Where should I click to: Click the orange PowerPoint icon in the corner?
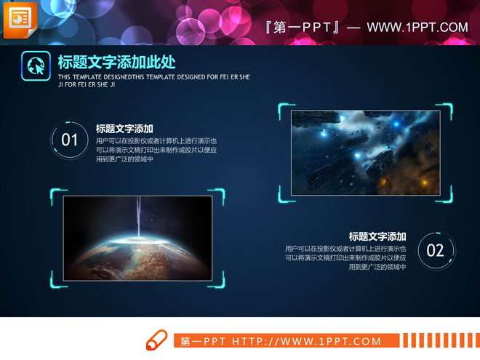tap(20, 19)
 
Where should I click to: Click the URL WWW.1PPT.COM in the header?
tap(417, 28)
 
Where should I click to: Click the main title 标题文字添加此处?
tap(116, 63)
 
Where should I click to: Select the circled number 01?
tap(70, 140)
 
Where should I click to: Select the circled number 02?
tap(435, 251)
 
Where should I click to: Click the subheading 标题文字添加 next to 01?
tap(124, 128)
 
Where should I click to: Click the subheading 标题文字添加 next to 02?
tap(377, 236)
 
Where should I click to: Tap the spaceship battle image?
tap(365, 153)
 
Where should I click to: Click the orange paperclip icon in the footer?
tap(156, 340)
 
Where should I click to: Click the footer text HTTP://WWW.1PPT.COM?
tap(306, 341)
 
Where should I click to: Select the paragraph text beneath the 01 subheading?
tap(156, 150)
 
